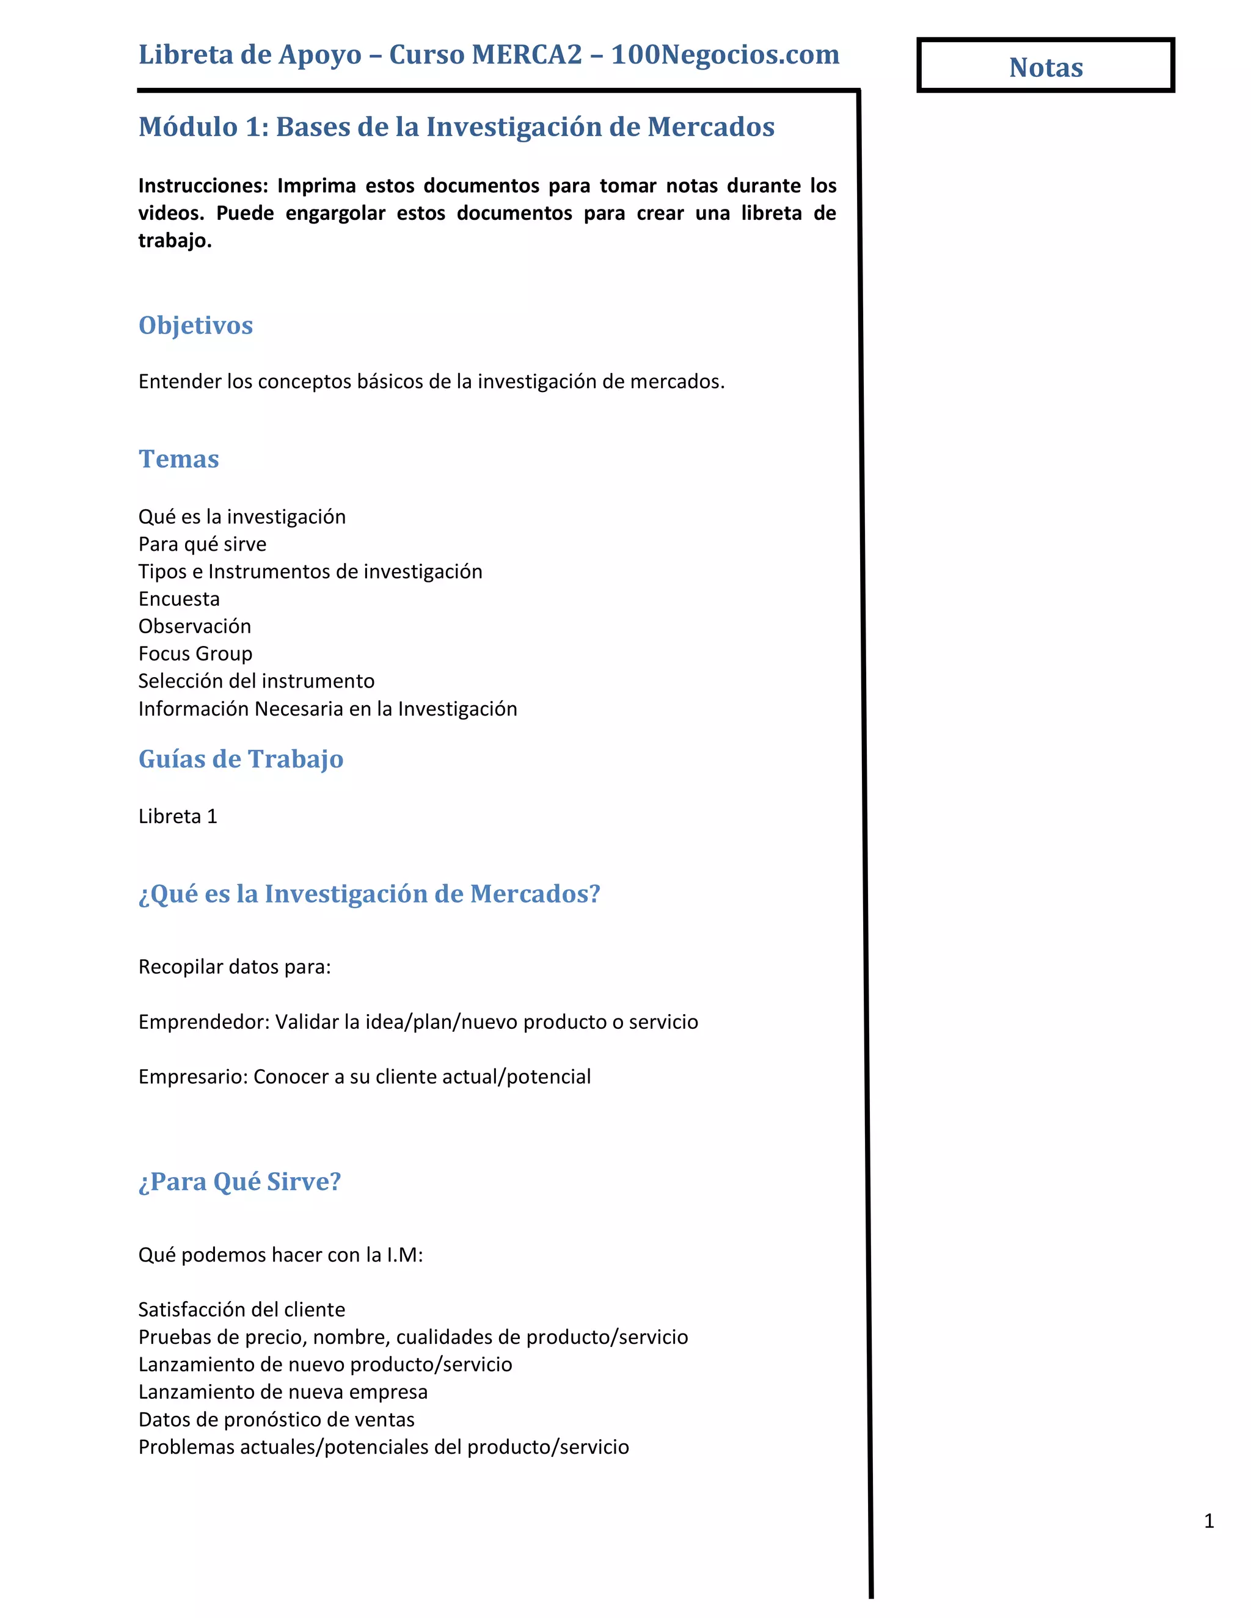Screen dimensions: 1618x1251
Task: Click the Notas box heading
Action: [x=1045, y=67]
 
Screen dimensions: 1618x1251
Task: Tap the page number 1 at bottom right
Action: [x=1209, y=1521]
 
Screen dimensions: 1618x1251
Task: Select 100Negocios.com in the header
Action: [x=725, y=55]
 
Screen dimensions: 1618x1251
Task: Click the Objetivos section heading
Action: [x=195, y=325]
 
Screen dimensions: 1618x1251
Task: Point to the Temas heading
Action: [x=178, y=459]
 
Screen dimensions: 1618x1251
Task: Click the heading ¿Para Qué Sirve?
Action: [x=239, y=1181]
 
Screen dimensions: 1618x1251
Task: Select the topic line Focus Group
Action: [x=195, y=653]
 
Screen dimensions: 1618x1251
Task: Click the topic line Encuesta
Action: [x=178, y=598]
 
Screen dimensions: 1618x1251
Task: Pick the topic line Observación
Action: [x=194, y=626]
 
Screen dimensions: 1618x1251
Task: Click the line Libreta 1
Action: [x=177, y=816]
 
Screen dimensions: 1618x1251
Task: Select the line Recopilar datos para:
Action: [x=234, y=967]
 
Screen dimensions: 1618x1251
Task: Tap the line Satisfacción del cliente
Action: [x=242, y=1310]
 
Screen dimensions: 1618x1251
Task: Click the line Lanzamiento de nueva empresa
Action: [x=282, y=1392]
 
